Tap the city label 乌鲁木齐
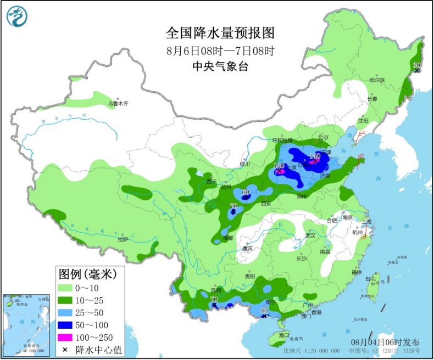coord(118,103)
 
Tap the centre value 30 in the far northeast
coord(416,65)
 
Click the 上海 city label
coord(366,222)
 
